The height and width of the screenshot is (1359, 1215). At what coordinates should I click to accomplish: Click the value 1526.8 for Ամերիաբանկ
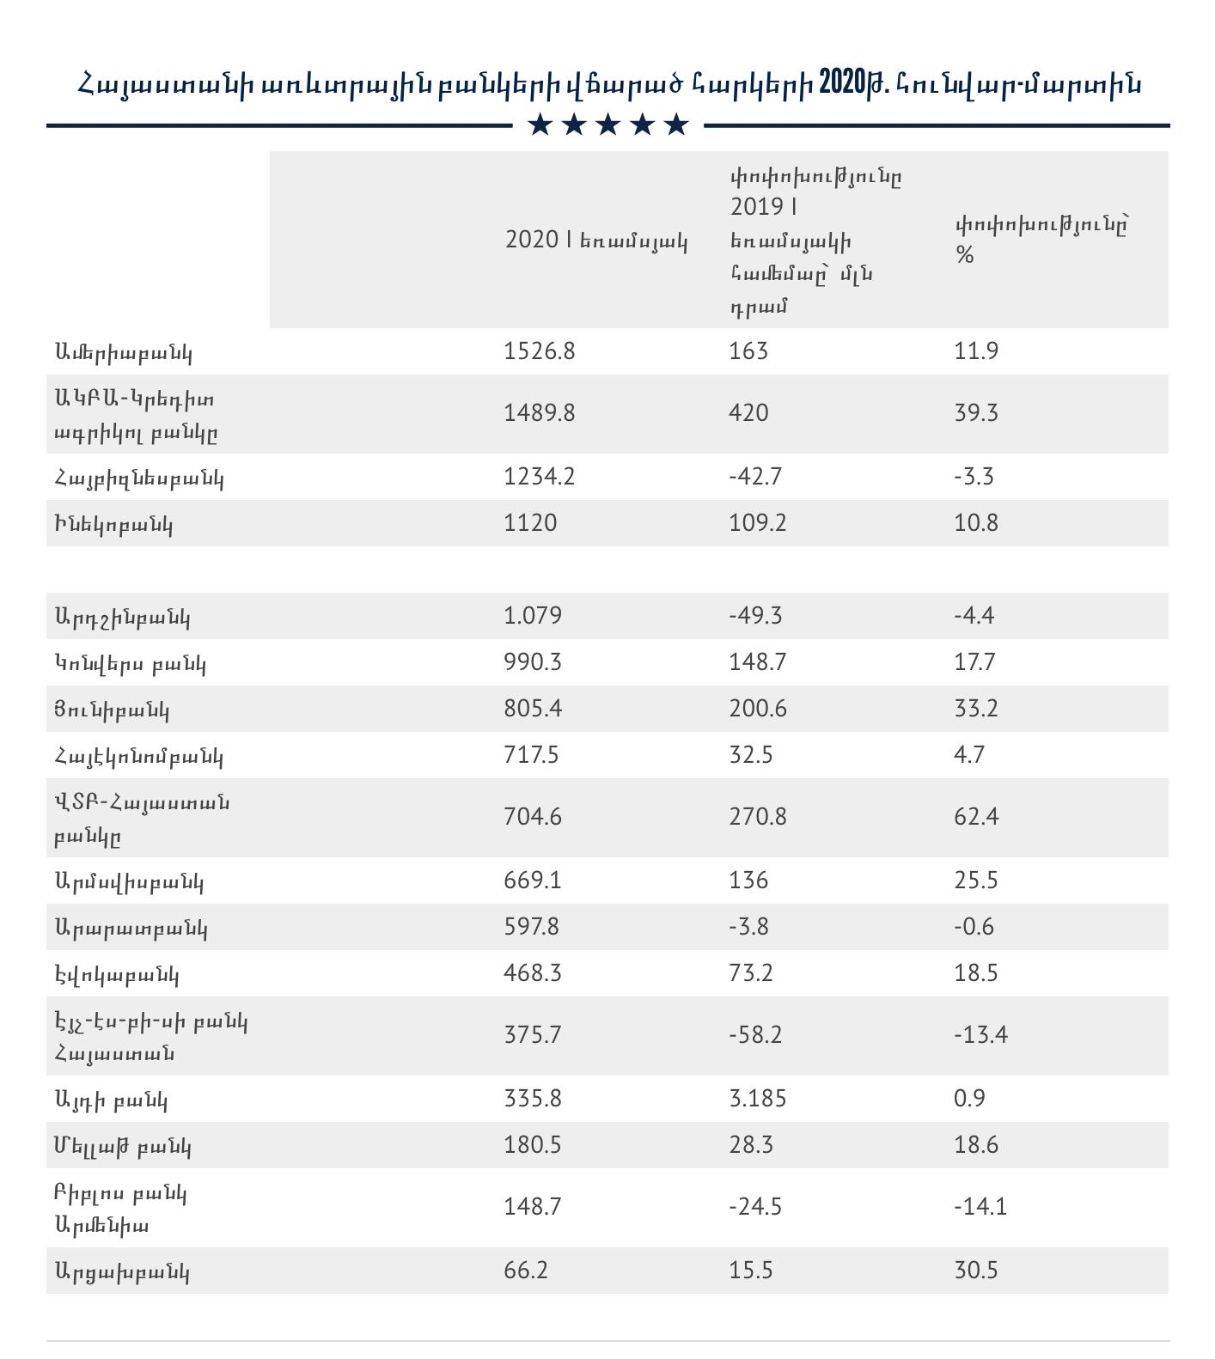point(539,351)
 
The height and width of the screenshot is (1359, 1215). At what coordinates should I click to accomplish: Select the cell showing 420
point(748,413)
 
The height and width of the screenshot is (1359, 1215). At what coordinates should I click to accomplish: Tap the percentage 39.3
point(976,413)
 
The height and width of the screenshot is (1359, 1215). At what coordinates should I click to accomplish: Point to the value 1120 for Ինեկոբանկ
point(530,523)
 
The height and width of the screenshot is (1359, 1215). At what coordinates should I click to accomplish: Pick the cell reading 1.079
point(533,616)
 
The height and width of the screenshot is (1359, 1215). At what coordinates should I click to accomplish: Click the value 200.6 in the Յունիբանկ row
point(757,709)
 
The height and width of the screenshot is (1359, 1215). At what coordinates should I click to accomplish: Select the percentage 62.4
point(976,816)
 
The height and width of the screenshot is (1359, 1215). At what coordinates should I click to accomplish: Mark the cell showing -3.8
point(748,927)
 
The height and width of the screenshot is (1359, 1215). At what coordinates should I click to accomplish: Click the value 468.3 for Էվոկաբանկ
point(533,973)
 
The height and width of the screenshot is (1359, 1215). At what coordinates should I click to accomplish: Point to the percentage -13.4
point(980,1034)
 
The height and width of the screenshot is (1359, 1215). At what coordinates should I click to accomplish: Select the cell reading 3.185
point(757,1099)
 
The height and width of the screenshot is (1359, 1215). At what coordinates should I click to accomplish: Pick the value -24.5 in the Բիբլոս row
point(754,1207)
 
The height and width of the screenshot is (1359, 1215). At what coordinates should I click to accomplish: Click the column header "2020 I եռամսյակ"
point(596,241)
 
